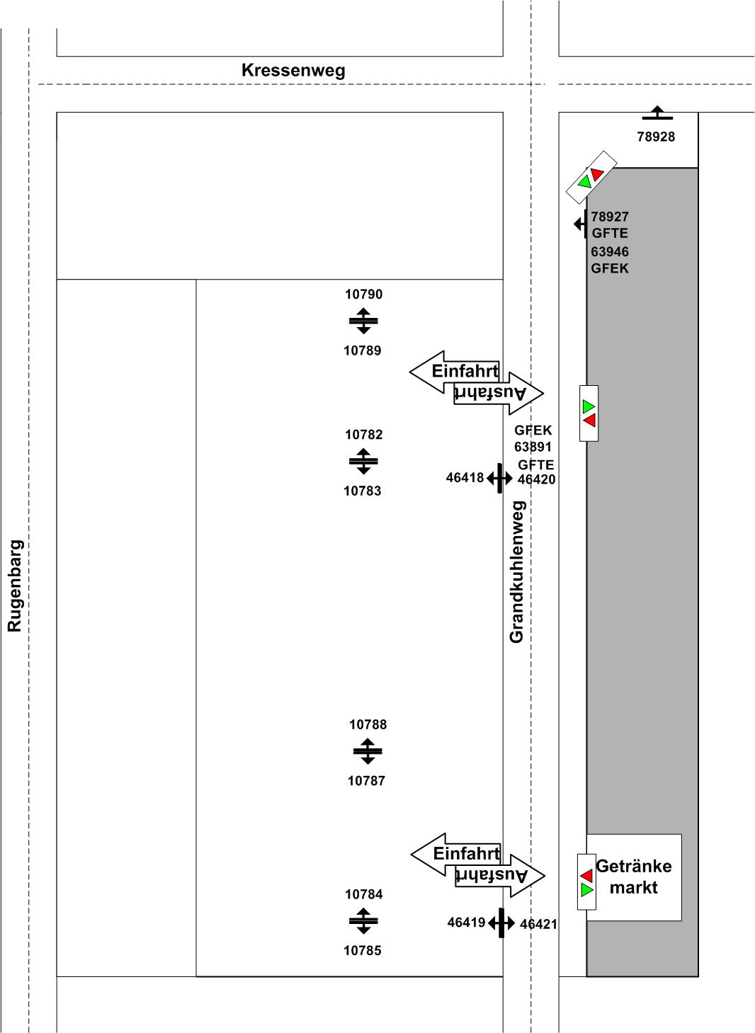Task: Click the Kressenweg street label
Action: (x=293, y=71)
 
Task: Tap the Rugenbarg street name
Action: (x=15, y=586)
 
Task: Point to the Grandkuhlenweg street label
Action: (x=517, y=572)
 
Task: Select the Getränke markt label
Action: (x=634, y=877)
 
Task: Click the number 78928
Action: (x=656, y=137)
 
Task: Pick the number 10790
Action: (x=363, y=295)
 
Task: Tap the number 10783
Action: (x=362, y=491)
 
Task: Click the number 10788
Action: (x=368, y=724)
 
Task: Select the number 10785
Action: (x=362, y=950)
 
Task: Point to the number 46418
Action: (x=465, y=478)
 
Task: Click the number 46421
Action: (x=538, y=924)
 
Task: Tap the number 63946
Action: (x=610, y=251)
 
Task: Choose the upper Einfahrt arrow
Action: (x=455, y=371)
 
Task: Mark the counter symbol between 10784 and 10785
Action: (x=363, y=921)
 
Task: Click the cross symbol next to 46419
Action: (x=501, y=923)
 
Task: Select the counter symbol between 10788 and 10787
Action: (x=368, y=751)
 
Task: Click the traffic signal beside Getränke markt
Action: (x=586, y=883)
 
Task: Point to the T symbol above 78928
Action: (x=657, y=113)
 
